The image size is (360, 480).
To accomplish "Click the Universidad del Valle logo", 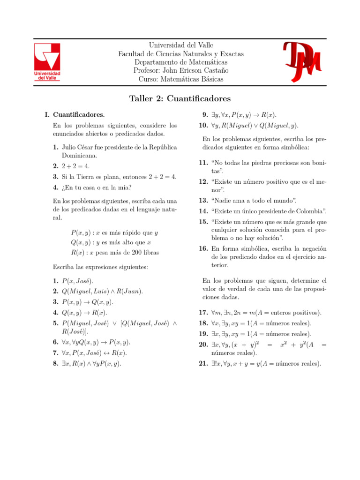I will click(47, 62).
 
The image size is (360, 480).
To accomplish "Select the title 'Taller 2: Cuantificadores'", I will click(180, 99).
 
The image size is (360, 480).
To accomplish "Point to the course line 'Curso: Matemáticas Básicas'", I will click(181, 79).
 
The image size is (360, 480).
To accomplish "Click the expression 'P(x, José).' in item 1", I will click(78, 281).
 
